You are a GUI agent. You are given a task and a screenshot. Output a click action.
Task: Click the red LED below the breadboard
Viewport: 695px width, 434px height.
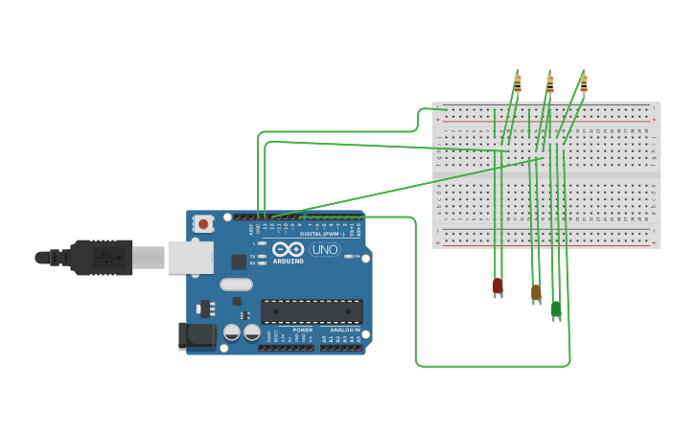pyautogui.click(x=498, y=286)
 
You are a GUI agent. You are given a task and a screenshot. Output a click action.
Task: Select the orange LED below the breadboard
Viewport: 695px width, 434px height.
pyautogui.click(x=536, y=292)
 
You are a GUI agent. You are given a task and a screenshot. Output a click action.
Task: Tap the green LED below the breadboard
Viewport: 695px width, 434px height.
pyautogui.click(x=556, y=309)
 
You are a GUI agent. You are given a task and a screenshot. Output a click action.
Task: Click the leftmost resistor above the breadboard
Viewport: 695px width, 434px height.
pyautogui.click(x=518, y=83)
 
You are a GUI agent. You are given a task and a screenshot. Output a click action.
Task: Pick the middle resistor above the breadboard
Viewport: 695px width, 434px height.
pyautogui.click(x=549, y=83)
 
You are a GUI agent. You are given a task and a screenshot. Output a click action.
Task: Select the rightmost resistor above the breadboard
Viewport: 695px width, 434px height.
pyautogui.click(x=583, y=83)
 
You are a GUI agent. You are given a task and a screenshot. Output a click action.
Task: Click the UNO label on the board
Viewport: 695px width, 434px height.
pyautogui.click(x=324, y=249)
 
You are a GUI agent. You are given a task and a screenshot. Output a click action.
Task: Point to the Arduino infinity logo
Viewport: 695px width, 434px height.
pyautogui.click(x=288, y=249)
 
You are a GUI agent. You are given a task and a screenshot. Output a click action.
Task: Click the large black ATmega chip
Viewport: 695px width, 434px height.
pyautogui.click(x=312, y=310)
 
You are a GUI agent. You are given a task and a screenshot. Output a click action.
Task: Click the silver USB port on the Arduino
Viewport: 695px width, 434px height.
pyautogui.click(x=190, y=257)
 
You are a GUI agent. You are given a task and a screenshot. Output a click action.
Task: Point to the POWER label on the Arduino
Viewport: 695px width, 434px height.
pyautogui.click(x=302, y=330)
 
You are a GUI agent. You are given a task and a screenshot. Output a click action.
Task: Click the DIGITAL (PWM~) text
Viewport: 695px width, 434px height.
pyautogui.click(x=324, y=233)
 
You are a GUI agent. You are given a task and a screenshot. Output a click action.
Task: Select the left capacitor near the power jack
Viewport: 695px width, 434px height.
pyautogui.click(x=232, y=332)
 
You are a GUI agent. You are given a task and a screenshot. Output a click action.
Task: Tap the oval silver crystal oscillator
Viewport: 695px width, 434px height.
pyautogui.click(x=236, y=284)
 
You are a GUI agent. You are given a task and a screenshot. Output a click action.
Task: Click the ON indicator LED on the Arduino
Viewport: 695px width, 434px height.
pyautogui.click(x=349, y=256)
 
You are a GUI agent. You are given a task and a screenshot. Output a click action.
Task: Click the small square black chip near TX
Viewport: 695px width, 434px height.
pyautogui.click(x=239, y=262)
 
